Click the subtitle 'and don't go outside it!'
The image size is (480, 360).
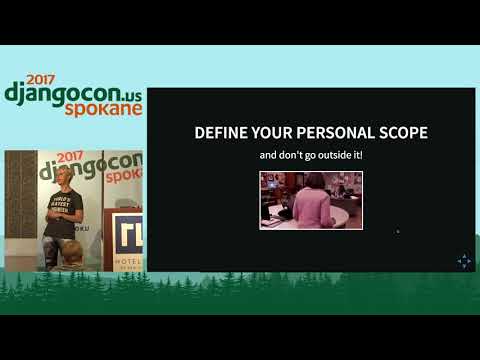click(x=311, y=156)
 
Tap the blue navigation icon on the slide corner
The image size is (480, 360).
click(x=464, y=262)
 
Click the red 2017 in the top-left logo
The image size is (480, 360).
click(x=42, y=78)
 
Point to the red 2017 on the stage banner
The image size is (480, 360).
click(x=69, y=157)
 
